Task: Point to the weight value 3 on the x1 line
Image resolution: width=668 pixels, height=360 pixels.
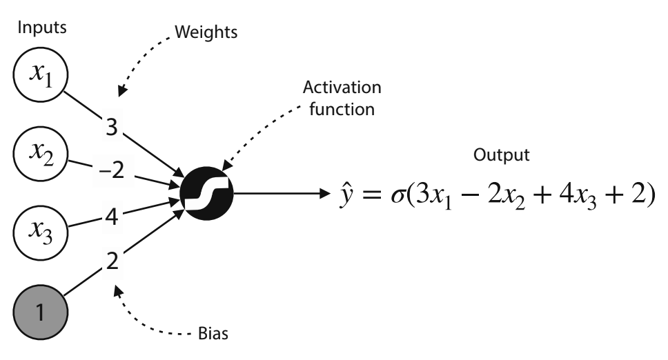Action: click(x=111, y=126)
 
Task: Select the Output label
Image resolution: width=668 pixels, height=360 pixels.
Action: click(x=502, y=155)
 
